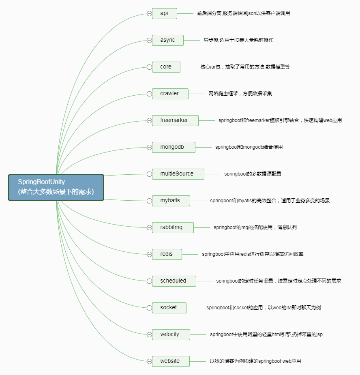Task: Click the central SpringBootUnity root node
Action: pos(56,187)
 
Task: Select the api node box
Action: pos(165,13)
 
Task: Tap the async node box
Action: pos(168,40)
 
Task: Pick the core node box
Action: pos(166,67)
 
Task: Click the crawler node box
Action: pos(170,94)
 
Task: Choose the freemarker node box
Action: pos(175,120)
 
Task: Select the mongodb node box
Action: pos(174,147)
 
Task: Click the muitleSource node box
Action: pos(178,174)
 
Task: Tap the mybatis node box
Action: pos(171,201)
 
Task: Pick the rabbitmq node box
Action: pos(173,227)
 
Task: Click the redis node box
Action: pos(167,254)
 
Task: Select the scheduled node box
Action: pos(174,281)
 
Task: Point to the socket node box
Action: pos(169,308)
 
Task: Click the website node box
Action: pos(171,361)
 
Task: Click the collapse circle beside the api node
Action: pos(149,13)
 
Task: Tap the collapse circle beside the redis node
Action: pos(149,254)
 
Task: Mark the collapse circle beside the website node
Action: pos(149,361)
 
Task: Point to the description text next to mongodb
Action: pos(249,147)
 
